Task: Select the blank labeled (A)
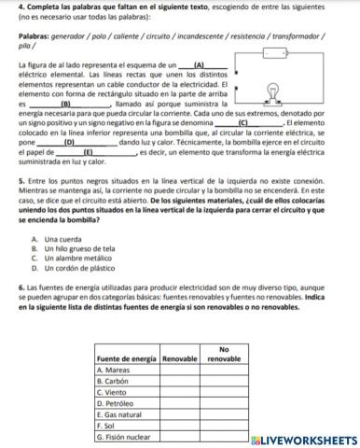pyautogui.click(x=198, y=63)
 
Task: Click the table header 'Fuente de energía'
pyautogui.click(x=126, y=358)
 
